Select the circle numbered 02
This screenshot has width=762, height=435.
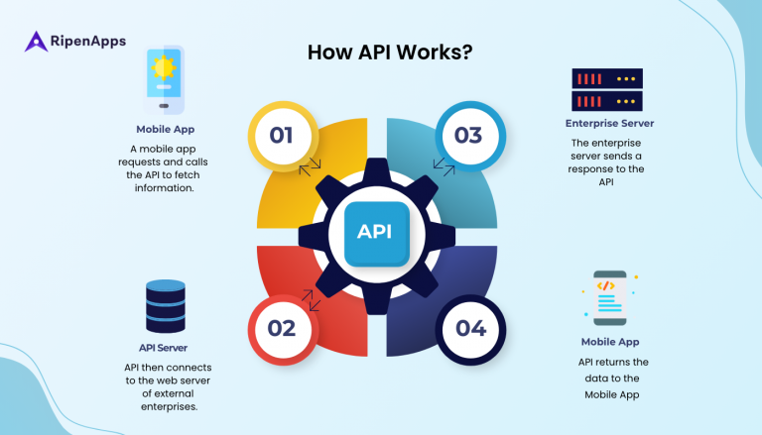tap(282, 328)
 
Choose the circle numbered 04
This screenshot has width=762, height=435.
tap(469, 328)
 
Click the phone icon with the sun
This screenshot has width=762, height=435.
tap(164, 79)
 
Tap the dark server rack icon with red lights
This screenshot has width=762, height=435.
tap(607, 89)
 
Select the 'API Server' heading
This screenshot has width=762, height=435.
tap(164, 348)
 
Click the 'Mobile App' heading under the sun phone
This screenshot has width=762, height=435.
tap(164, 129)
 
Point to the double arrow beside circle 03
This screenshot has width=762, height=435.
tap(443, 165)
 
